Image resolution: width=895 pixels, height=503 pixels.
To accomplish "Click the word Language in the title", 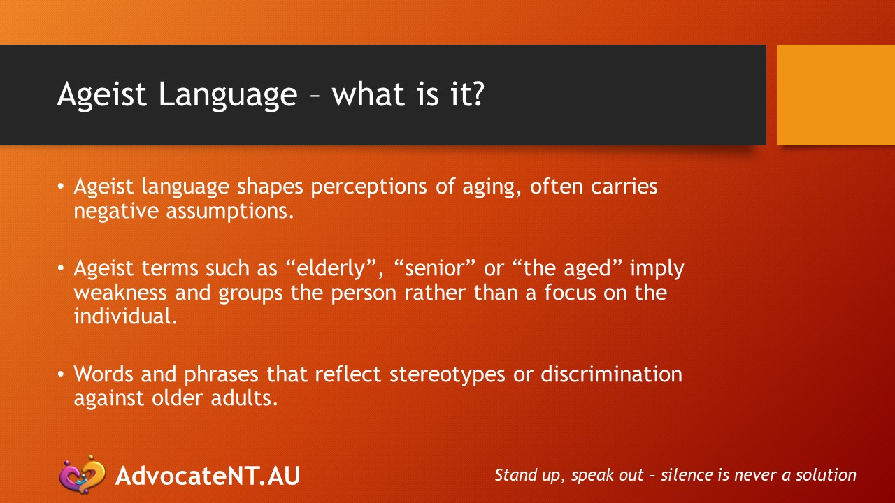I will [x=228, y=95].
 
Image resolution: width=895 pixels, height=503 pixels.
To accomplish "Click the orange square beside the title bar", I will [x=836, y=95].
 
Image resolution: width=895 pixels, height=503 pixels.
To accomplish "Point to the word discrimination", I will [x=611, y=374].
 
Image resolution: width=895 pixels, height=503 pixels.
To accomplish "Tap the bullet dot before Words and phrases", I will [x=62, y=374].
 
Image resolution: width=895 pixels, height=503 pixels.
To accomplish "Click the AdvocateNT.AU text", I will [x=208, y=475].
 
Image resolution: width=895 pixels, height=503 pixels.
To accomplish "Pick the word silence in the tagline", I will [x=688, y=475].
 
